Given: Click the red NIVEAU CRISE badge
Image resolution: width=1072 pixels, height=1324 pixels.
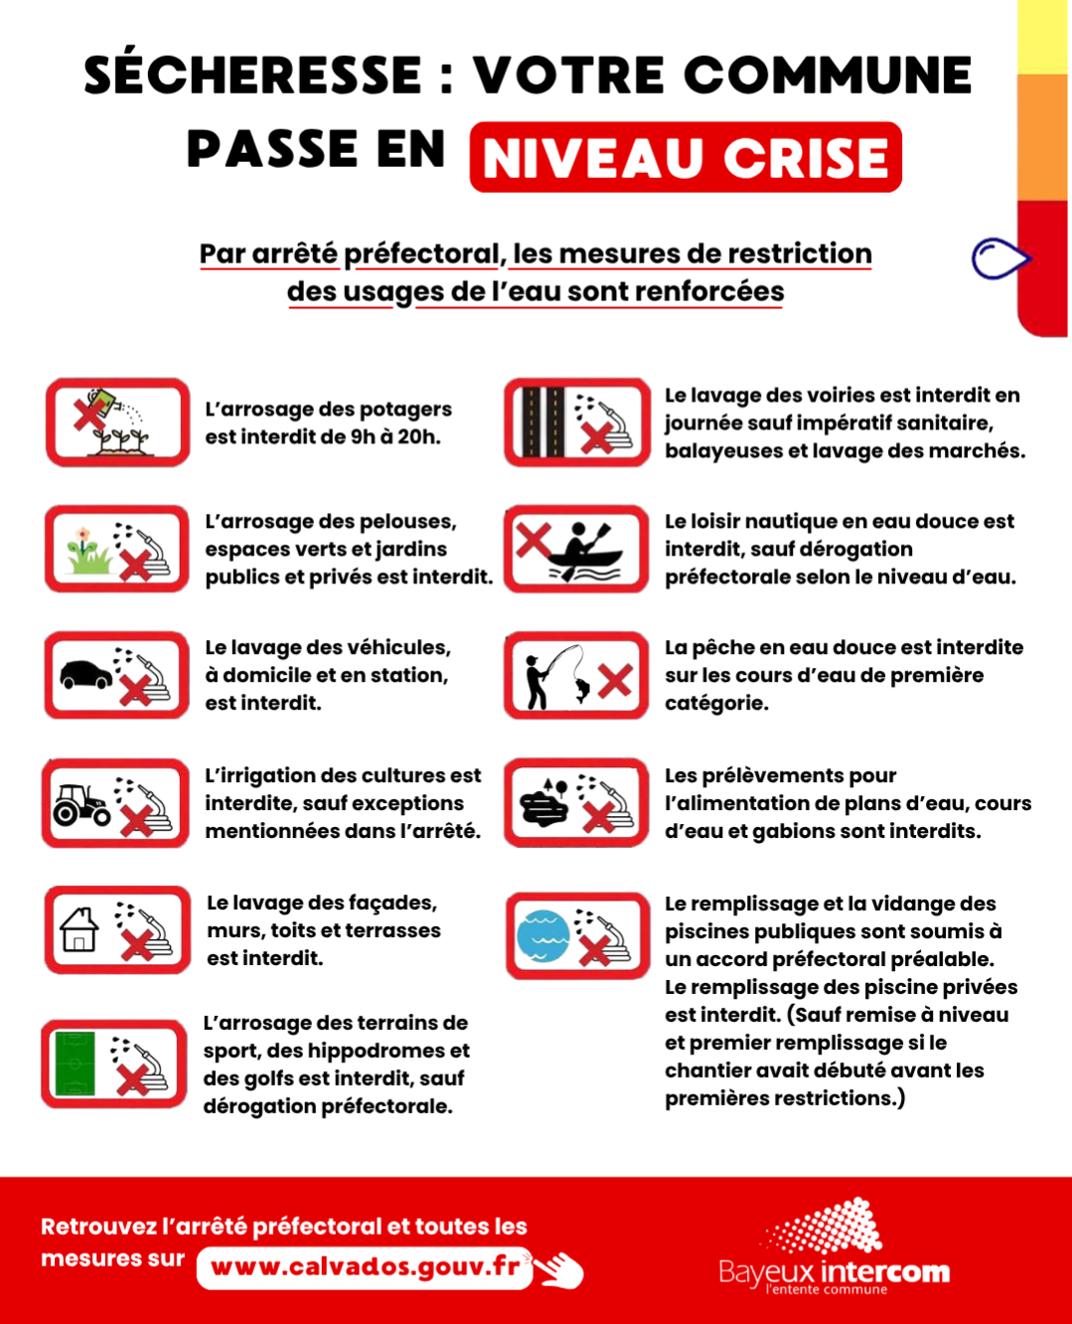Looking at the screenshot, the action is [x=686, y=157].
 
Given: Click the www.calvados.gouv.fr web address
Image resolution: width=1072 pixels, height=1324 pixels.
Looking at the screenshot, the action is [x=366, y=1266].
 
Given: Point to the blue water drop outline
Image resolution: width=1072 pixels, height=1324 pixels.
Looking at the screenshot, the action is [x=1000, y=258].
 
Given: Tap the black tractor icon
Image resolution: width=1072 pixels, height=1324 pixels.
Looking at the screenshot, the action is [x=82, y=804].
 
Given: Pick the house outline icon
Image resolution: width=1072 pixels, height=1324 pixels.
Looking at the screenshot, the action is [x=78, y=929].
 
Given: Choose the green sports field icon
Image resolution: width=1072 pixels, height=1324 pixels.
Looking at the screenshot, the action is [x=76, y=1064].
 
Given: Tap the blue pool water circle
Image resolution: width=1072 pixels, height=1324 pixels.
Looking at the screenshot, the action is [x=543, y=936].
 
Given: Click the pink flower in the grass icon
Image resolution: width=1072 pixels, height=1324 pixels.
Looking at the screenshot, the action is [x=82, y=534].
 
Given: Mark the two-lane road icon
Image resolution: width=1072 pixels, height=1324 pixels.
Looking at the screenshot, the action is [x=542, y=422].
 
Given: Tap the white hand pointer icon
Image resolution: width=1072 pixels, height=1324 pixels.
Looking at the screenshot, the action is [x=559, y=1268].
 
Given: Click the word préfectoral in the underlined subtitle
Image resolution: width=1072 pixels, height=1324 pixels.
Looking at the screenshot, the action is [x=422, y=254].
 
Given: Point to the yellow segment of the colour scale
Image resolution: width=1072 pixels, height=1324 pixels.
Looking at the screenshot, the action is [x=1043, y=38].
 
